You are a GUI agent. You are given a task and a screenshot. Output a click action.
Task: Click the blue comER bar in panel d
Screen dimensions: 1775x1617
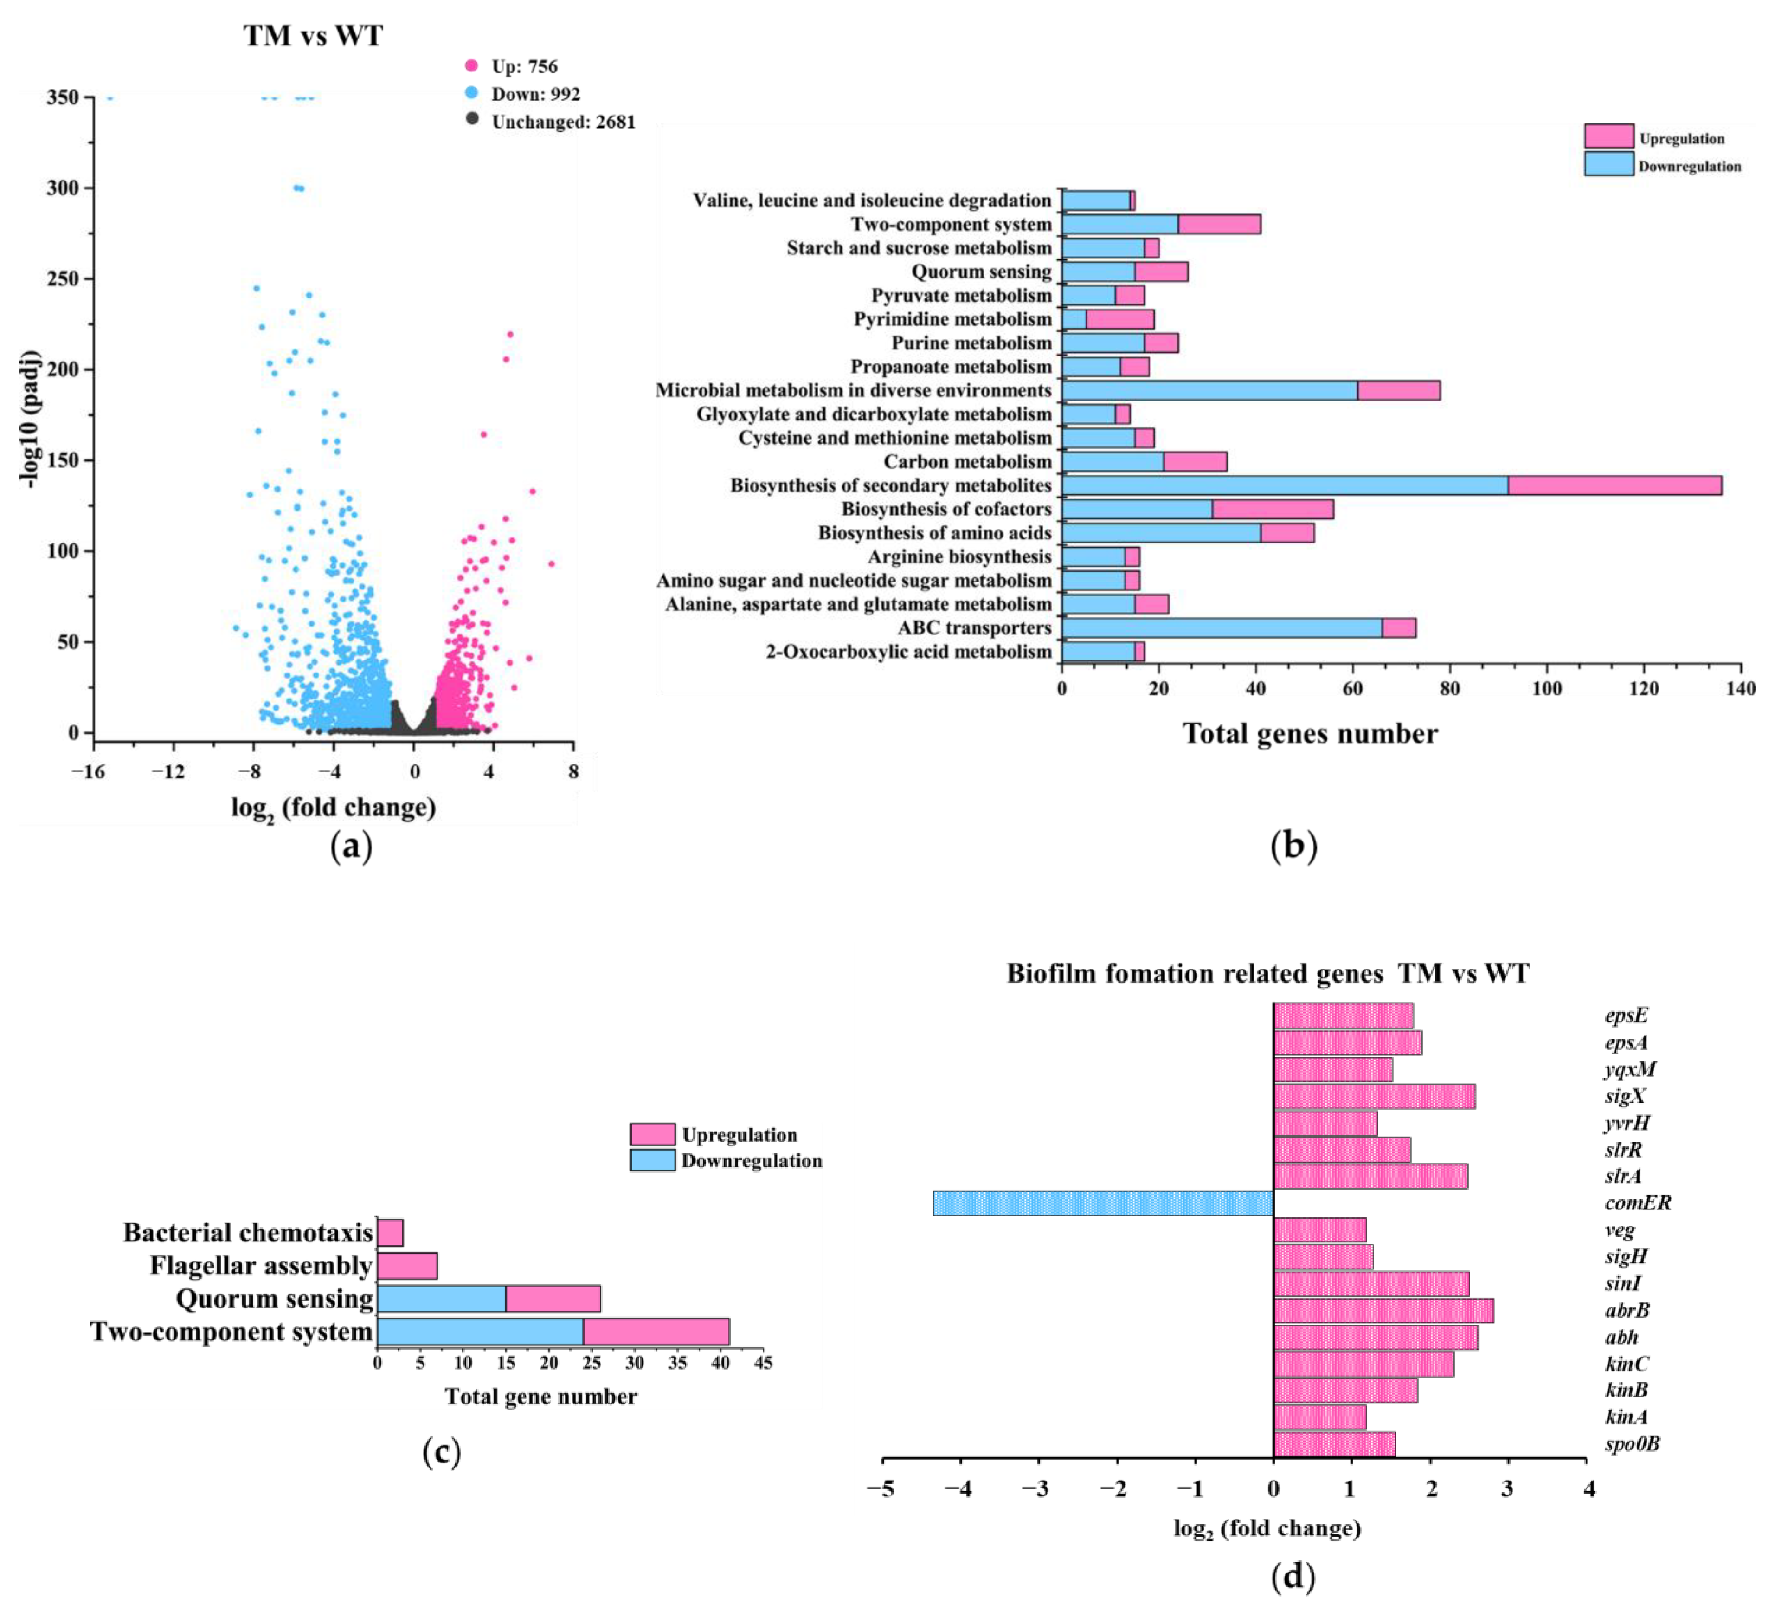tap(1103, 1203)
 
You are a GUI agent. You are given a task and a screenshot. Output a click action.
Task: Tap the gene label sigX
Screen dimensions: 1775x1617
tap(1625, 1097)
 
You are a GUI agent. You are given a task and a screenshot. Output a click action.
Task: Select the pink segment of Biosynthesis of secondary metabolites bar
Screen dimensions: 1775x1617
tap(1615, 485)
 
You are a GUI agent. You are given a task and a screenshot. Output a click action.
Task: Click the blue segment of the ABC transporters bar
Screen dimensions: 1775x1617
tap(1222, 628)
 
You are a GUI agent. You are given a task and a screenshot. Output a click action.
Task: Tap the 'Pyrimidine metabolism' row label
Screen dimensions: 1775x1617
tap(952, 319)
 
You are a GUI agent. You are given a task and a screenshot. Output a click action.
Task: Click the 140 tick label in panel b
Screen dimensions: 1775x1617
tap(1741, 689)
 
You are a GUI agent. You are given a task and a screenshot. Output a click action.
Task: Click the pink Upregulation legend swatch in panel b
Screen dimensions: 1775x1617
tap(1608, 136)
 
